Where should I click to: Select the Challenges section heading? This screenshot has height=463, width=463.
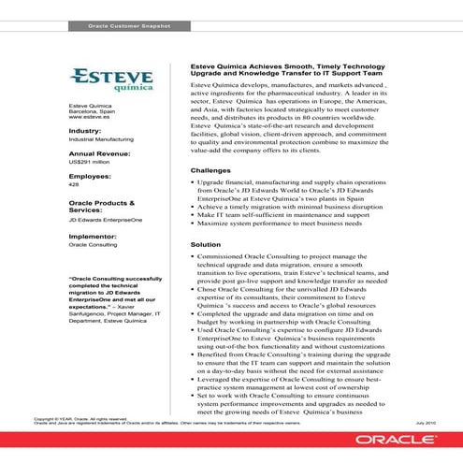[210, 170]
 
